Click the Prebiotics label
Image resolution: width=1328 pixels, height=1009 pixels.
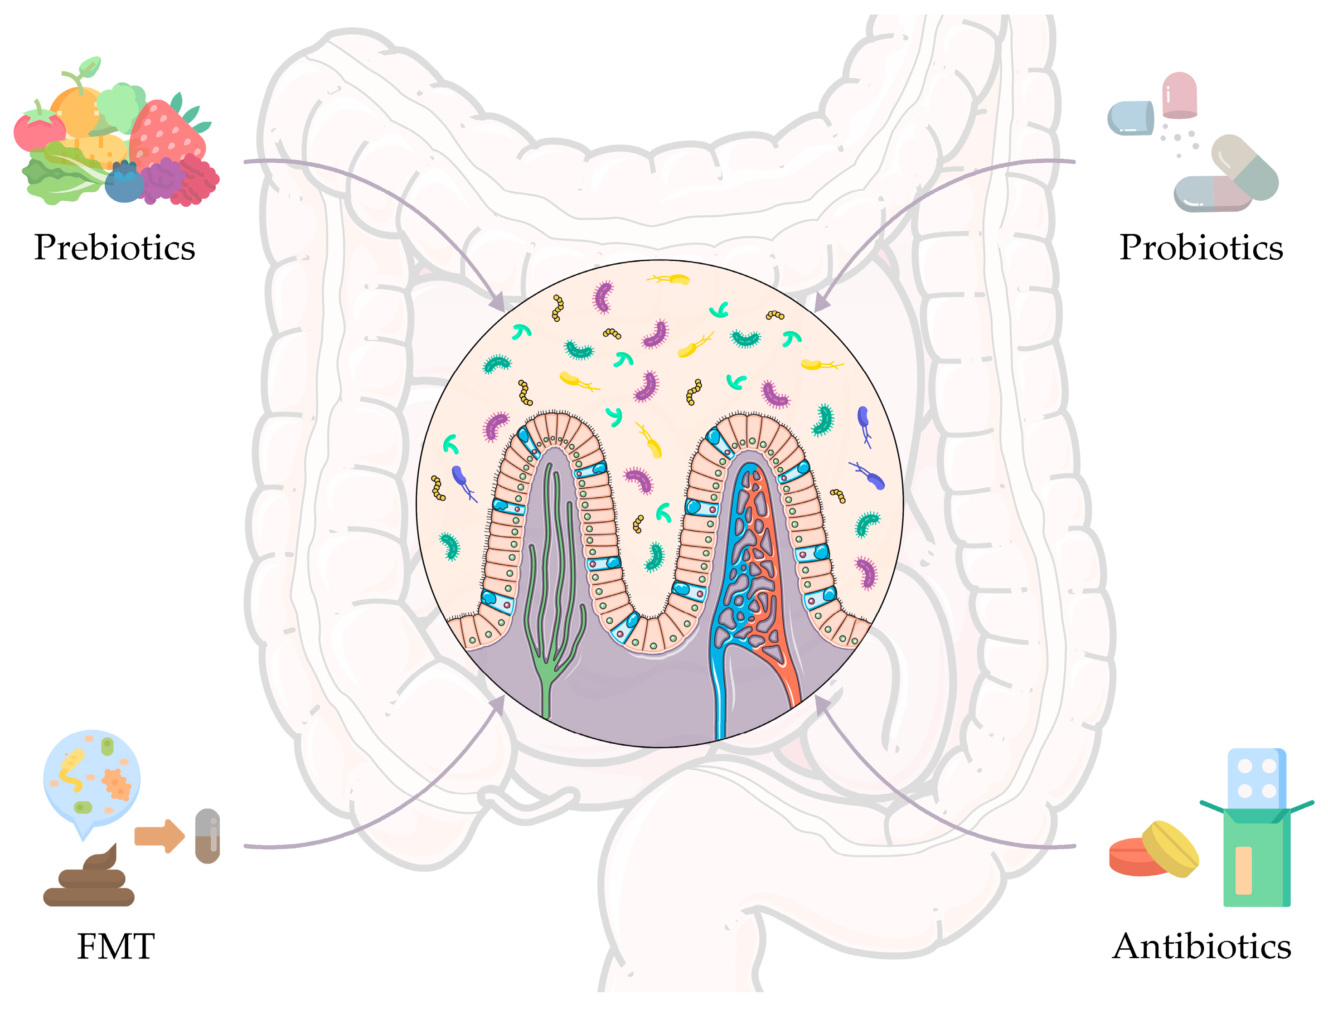point(114,247)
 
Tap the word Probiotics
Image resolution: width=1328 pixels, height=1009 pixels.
point(1201,247)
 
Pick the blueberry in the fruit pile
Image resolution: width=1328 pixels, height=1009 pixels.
point(124,183)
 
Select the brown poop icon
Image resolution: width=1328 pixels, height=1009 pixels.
point(90,880)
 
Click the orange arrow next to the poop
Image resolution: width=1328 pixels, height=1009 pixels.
point(159,835)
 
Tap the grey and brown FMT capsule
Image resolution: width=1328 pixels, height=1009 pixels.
point(208,835)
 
